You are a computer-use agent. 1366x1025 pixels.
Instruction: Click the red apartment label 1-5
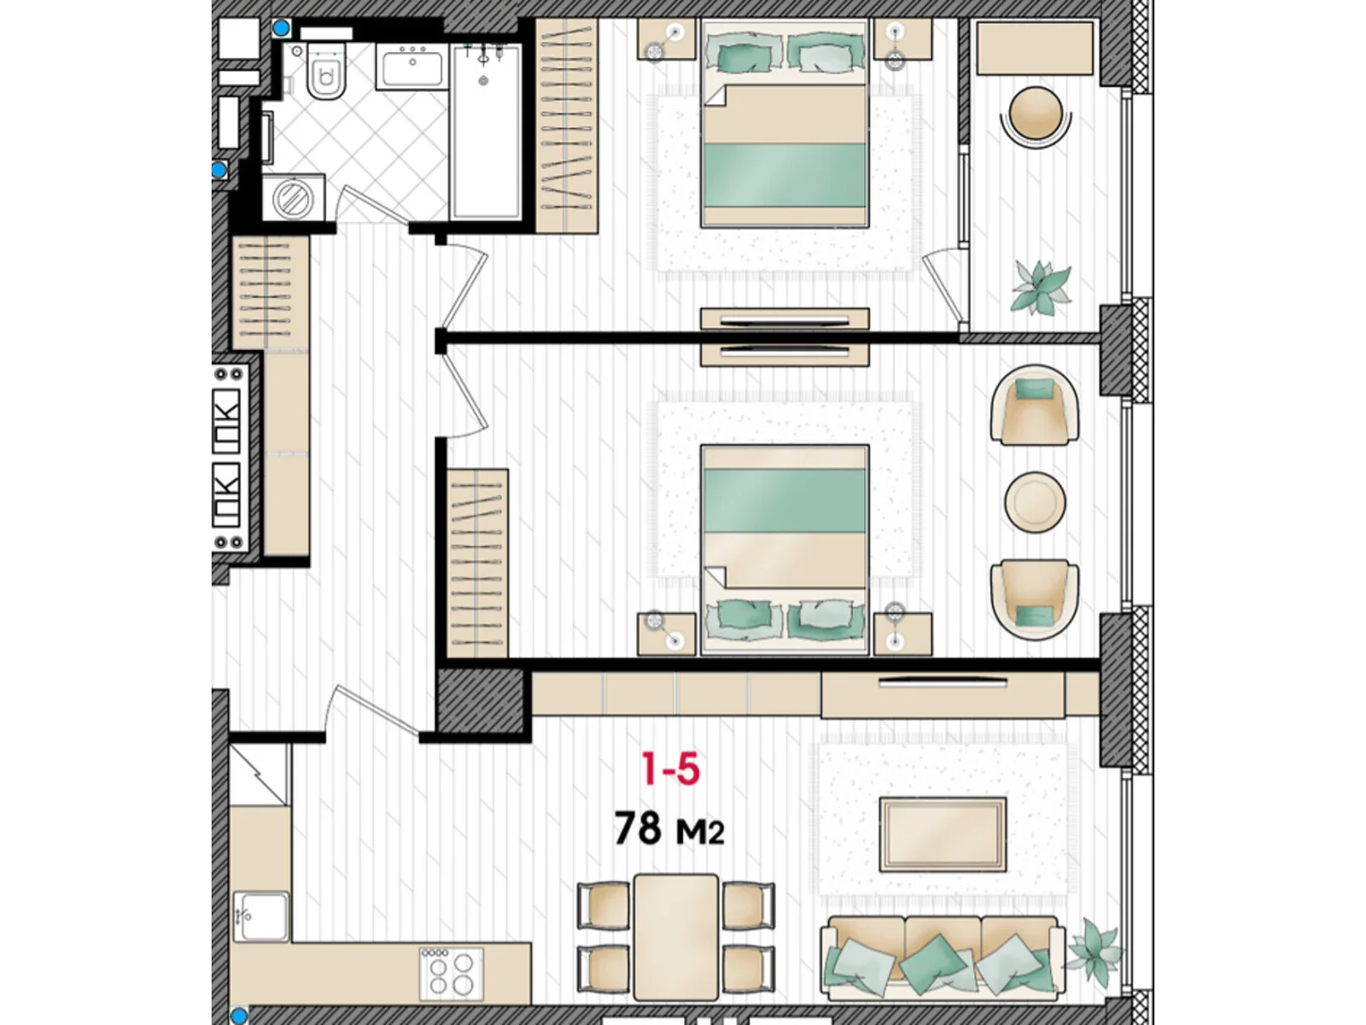pos(670,769)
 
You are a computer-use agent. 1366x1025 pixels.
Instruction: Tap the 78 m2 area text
pos(668,829)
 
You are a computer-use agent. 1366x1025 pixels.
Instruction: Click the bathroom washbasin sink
pos(412,67)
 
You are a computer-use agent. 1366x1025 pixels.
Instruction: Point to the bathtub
pos(485,132)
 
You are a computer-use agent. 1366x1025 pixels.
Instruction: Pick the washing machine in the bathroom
pos(293,199)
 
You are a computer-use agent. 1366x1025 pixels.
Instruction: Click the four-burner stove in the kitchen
pos(451,974)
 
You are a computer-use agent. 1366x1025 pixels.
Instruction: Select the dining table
pos(675,935)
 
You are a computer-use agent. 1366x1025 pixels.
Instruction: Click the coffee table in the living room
pos(943,835)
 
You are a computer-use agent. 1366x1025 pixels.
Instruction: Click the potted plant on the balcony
pos(1040,287)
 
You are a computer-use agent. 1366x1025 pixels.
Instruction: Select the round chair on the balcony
pos(1036,114)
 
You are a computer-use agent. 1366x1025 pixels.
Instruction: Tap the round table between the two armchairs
pos(1035,502)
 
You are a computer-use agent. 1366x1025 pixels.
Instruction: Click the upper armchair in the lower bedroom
pos(1034,406)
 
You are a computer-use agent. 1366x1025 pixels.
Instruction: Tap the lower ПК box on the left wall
pos(226,496)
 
